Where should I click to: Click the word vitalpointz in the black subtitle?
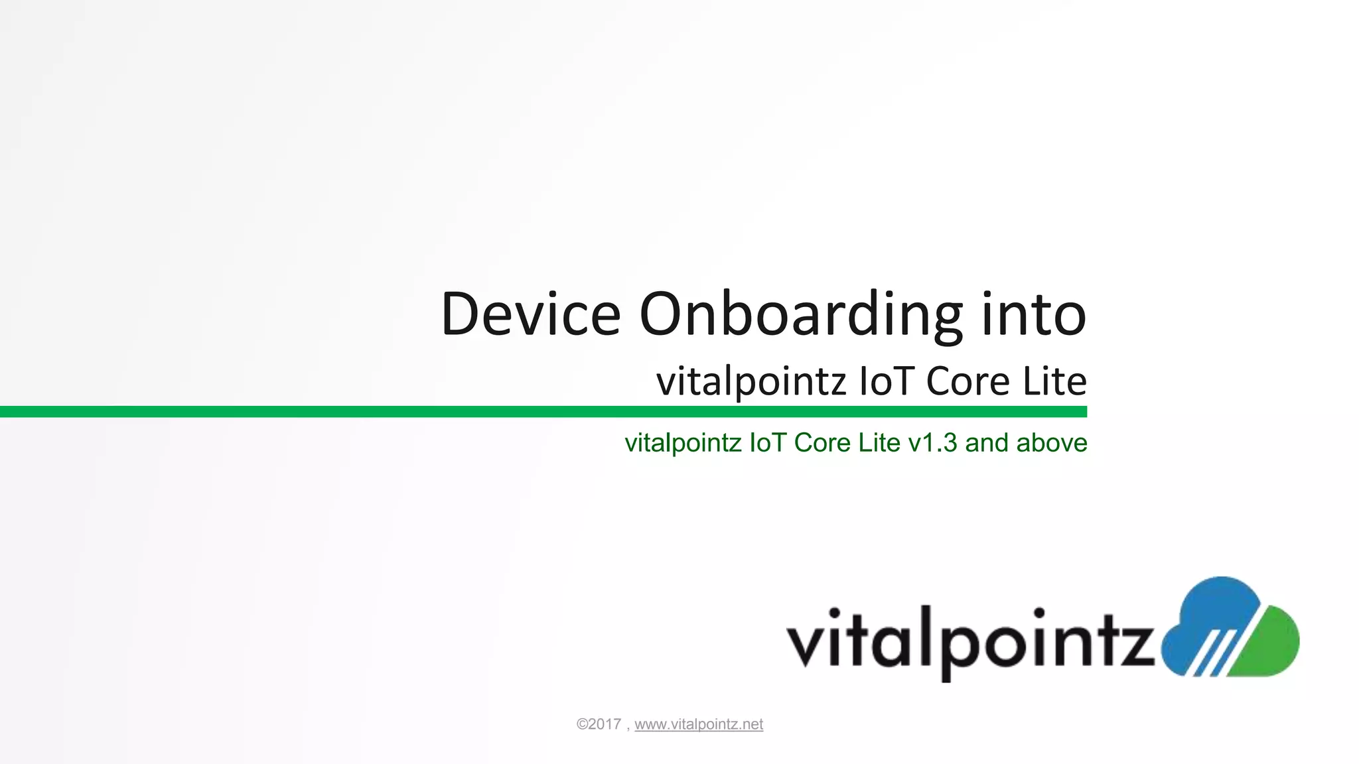tap(751, 382)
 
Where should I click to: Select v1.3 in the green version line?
tap(932, 443)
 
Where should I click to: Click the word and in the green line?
tap(987, 442)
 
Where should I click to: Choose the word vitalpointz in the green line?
tap(683, 443)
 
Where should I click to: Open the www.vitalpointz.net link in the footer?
tap(699, 724)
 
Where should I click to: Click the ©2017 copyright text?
tap(599, 724)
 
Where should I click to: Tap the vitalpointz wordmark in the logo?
tap(969, 640)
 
